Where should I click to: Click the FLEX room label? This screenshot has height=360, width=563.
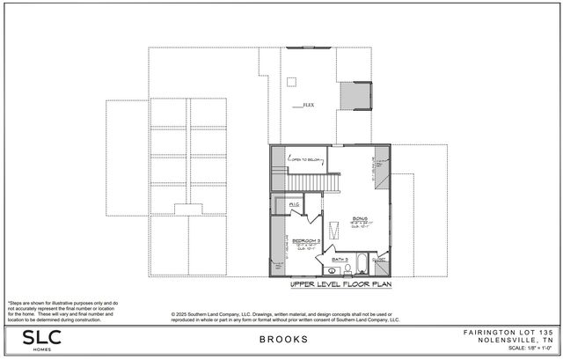[308, 104]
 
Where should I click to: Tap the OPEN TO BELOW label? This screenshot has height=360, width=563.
[305, 160]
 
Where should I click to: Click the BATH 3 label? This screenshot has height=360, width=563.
[340, 260]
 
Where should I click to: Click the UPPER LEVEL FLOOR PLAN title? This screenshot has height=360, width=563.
[340, 286]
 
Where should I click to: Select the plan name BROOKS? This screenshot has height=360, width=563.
[283, 339]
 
